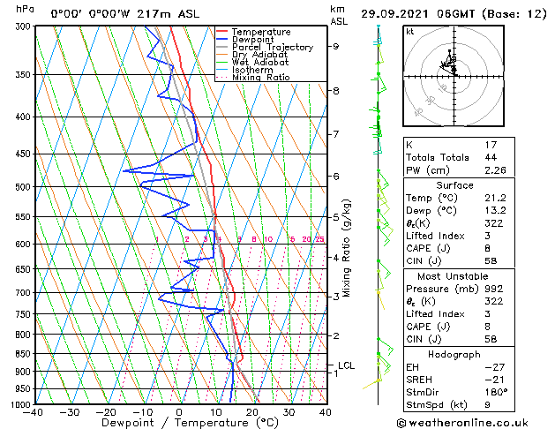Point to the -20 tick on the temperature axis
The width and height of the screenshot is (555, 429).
(106, 411)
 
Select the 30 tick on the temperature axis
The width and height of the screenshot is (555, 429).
(289, 411)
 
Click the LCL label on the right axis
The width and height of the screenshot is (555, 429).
(347, 365)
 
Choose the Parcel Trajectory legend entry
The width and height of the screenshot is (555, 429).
(272, 48)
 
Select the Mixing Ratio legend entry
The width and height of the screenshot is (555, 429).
(260, 78)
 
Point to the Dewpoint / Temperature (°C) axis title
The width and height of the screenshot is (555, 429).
(180, 423)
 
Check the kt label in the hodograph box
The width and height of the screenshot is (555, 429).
(410, 31)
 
